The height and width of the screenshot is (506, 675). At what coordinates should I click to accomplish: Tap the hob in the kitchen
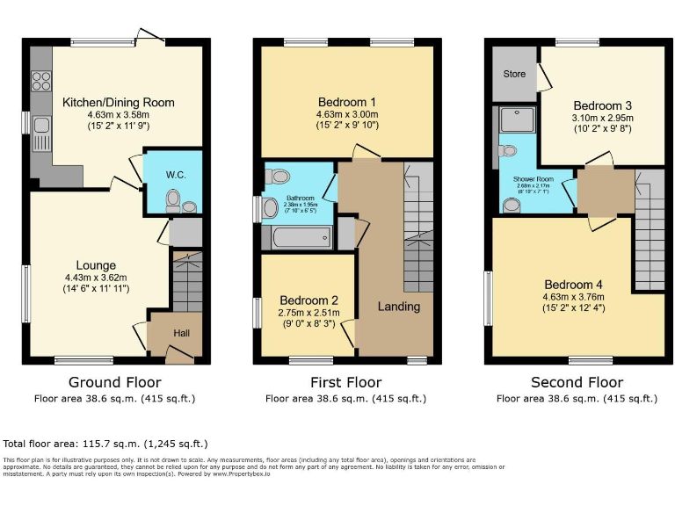[x=41, y=81]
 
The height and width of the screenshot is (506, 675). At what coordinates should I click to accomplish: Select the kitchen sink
[x=41, y=137]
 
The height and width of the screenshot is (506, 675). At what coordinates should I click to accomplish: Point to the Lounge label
[x=96, y=265]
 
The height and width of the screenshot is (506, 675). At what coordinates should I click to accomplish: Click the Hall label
[x=180, y=334]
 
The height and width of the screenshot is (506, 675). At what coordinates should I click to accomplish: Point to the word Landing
[x=399, y=307]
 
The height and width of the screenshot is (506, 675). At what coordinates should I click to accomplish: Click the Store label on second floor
[x=514, y=74]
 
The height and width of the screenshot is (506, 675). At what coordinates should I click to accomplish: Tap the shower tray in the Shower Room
[x=513, y=120]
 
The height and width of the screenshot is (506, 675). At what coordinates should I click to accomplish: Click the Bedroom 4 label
[x=574, y=285]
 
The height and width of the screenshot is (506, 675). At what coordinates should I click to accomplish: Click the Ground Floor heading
[x=115, y=382]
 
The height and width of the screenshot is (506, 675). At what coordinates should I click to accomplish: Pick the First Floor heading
[x=346, y=382]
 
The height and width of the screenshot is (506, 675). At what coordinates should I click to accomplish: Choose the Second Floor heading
[x=577, y=382]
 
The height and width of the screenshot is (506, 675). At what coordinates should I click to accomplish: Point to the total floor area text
[x=105, y=444]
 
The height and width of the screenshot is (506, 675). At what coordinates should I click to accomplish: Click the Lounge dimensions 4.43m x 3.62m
[x=96, y=278]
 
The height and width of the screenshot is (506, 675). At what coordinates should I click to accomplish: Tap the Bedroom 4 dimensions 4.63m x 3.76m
[x=574, y=297]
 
